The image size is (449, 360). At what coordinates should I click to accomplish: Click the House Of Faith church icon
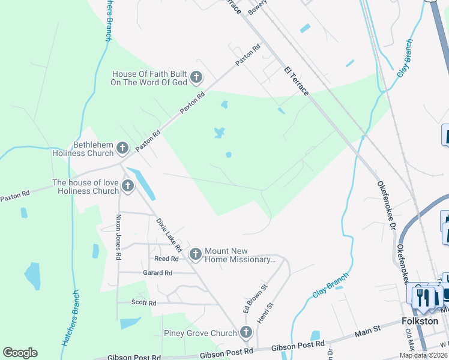196,77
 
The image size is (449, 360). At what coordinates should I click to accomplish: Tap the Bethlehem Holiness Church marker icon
122,148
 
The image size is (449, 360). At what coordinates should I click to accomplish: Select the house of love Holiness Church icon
127,187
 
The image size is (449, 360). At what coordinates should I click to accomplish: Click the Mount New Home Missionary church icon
195,255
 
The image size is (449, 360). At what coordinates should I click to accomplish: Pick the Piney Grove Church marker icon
246,332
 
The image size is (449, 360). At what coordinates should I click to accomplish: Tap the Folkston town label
420,321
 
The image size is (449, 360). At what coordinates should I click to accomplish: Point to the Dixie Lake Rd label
169,235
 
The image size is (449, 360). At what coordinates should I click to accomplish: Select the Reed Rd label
166,259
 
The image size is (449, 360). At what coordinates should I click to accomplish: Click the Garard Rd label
157,273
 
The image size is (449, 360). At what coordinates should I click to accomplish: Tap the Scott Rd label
144,303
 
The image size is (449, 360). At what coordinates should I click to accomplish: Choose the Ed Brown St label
250,298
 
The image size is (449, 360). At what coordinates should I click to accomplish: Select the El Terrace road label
297,81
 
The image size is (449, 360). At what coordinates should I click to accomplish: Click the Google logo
20,353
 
